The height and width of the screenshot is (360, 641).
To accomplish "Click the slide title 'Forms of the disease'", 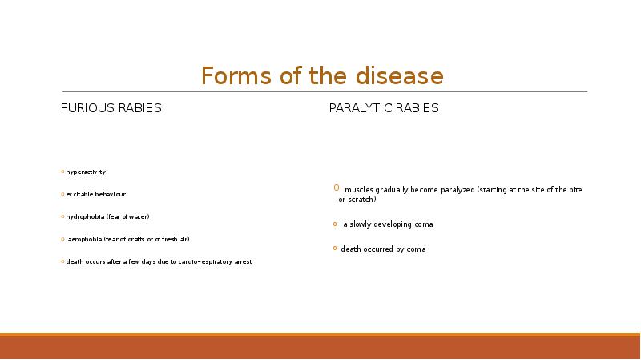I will click(321, 76).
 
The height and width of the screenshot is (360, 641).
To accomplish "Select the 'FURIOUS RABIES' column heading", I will click(111, 108).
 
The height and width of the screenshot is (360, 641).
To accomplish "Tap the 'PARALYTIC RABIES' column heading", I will click(384, 108).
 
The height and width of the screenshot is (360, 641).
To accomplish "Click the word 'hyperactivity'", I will click(86, 172).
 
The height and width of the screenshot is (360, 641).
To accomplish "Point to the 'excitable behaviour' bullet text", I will click(95, 195).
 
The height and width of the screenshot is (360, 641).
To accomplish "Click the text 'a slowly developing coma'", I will click(388, 224).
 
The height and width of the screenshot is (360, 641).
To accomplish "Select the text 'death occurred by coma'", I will click(383, 249).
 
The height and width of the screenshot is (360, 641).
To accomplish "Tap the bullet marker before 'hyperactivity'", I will click(62, 172).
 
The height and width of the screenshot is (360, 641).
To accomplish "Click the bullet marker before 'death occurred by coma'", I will click(336, 249).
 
